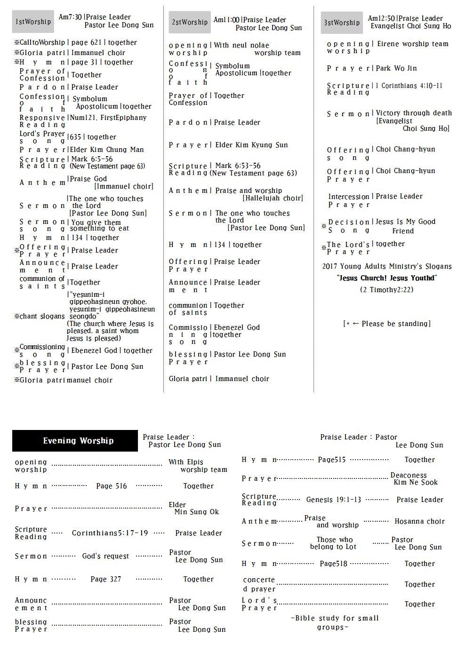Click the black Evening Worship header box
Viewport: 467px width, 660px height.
[75, 441]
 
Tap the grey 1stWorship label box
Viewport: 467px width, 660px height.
[33, 22]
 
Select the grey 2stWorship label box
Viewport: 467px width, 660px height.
[190, 22]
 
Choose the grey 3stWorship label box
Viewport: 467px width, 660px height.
[342, 23]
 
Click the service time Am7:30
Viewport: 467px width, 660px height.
[70, 17]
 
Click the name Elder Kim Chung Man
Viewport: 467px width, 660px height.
[107, 150]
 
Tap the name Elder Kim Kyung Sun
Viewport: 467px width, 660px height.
[251, 145]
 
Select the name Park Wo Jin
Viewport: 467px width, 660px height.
[396, 68]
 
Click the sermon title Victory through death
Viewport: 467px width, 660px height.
[414, 113]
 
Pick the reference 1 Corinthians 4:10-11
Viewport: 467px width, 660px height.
[409, 86]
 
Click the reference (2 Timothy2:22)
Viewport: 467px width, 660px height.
[386, 290]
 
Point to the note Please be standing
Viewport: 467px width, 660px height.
[387, 324]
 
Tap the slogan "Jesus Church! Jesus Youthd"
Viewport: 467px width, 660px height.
[387, 278]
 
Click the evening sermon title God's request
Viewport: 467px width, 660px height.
[105, 556]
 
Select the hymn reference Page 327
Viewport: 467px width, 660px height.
[106, 579]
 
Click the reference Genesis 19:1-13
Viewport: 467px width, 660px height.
[334, 500]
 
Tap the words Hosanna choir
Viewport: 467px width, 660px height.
[419, 521]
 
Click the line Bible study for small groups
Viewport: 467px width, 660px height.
[335, 622]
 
